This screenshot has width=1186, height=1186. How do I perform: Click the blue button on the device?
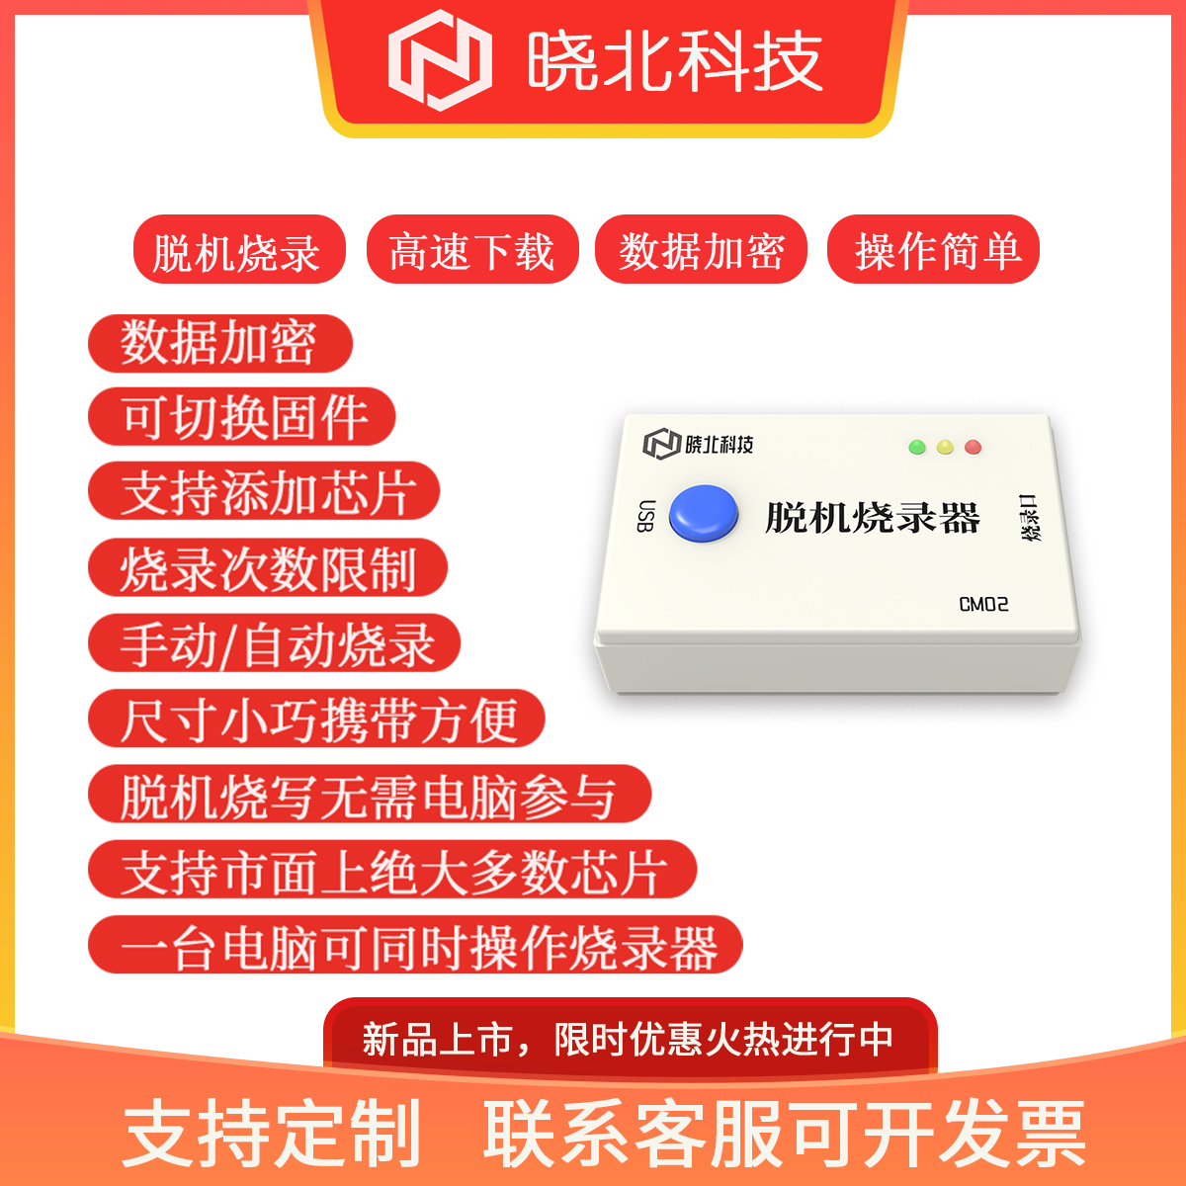(704, 513)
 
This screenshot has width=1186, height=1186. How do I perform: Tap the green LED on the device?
(917, 447)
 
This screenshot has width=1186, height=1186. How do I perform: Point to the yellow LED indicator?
(945, 447)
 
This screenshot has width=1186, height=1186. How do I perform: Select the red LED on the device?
(974, 447)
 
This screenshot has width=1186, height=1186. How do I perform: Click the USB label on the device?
(645, 515)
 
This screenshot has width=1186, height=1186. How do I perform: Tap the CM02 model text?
(983, 605)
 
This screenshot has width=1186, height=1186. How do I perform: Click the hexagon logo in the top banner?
(440, 59)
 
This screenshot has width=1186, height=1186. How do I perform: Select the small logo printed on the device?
(661, 444)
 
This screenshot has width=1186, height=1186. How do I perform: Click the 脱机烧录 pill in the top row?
(239, 249)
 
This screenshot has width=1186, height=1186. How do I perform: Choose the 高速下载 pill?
(472, 249)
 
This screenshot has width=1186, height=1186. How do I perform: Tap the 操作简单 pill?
(933, 249)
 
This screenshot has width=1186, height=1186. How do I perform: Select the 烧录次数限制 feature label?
(268, 567)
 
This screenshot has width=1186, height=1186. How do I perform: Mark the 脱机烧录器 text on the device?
(872, 517)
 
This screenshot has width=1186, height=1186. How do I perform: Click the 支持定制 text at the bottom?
(272, 1133)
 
